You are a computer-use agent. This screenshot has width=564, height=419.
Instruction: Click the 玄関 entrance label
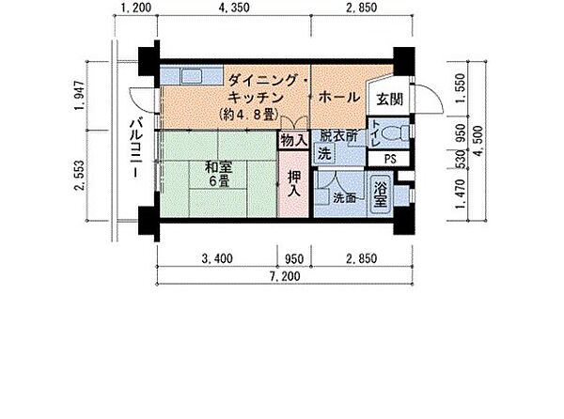pyautogui.click(x=388, y=98)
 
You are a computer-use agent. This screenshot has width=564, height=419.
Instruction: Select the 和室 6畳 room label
pyautogui.click(x=217, y=176)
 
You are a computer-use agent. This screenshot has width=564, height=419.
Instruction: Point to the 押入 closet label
pyautogui.click(x=293, y=183)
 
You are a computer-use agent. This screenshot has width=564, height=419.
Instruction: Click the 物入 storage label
pyautogui.click(x=293, y=140)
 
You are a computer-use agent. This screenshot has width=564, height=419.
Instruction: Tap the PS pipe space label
pyautogui.click(x=389, y=158)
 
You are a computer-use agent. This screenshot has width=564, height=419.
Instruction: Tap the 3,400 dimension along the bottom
pyautogui.click(x=218, y=256)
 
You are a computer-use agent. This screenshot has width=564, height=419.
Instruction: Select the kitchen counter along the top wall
pyautogui.click(x=189, y=76)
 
